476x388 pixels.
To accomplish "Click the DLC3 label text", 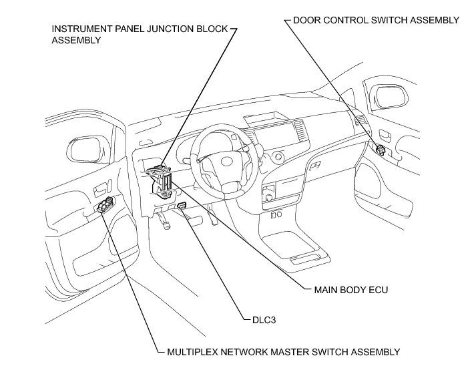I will (x=256, y=320).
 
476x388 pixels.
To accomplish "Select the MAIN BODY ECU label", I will (x=350, y=290).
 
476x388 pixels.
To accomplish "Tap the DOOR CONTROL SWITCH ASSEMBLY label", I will (x=376, y=20).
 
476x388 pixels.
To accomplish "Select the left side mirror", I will (x=87, y=148).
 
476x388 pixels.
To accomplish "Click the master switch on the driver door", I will (x=105, y=205).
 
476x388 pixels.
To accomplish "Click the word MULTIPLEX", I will (x=189, y=351).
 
